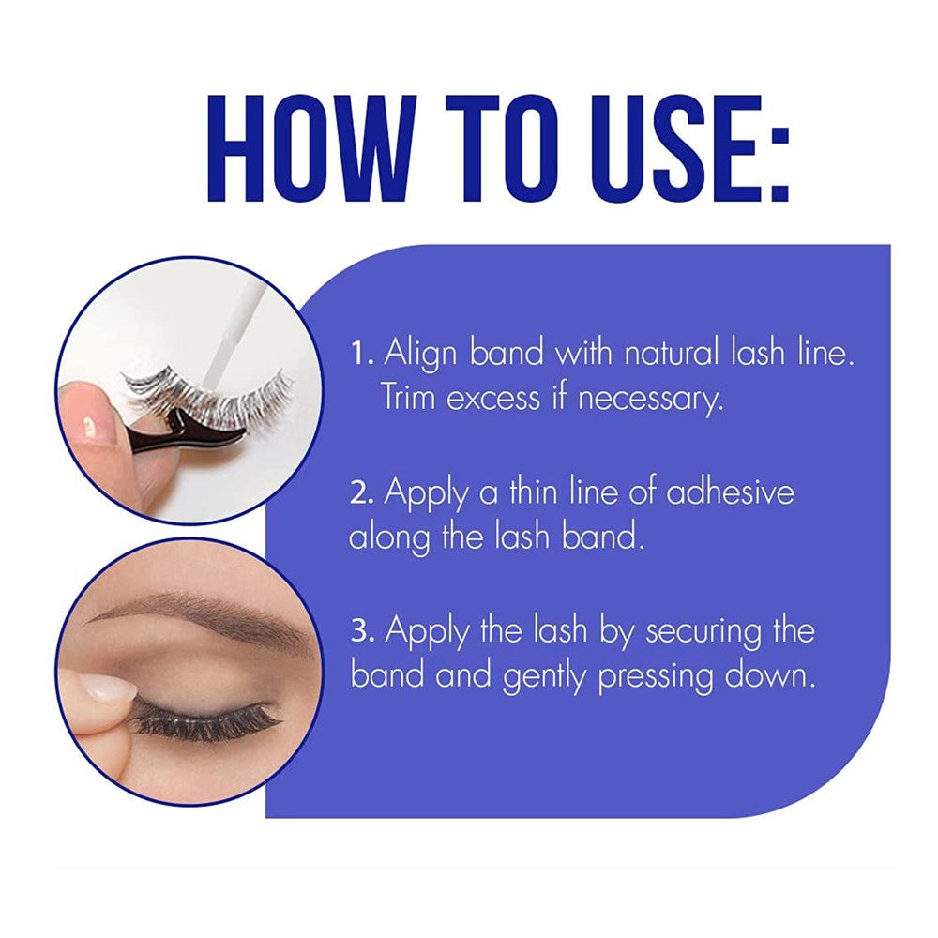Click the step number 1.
pyautogui.click(x=361, y=356)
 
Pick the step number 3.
pyautogui.click(x=363, y=631)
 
